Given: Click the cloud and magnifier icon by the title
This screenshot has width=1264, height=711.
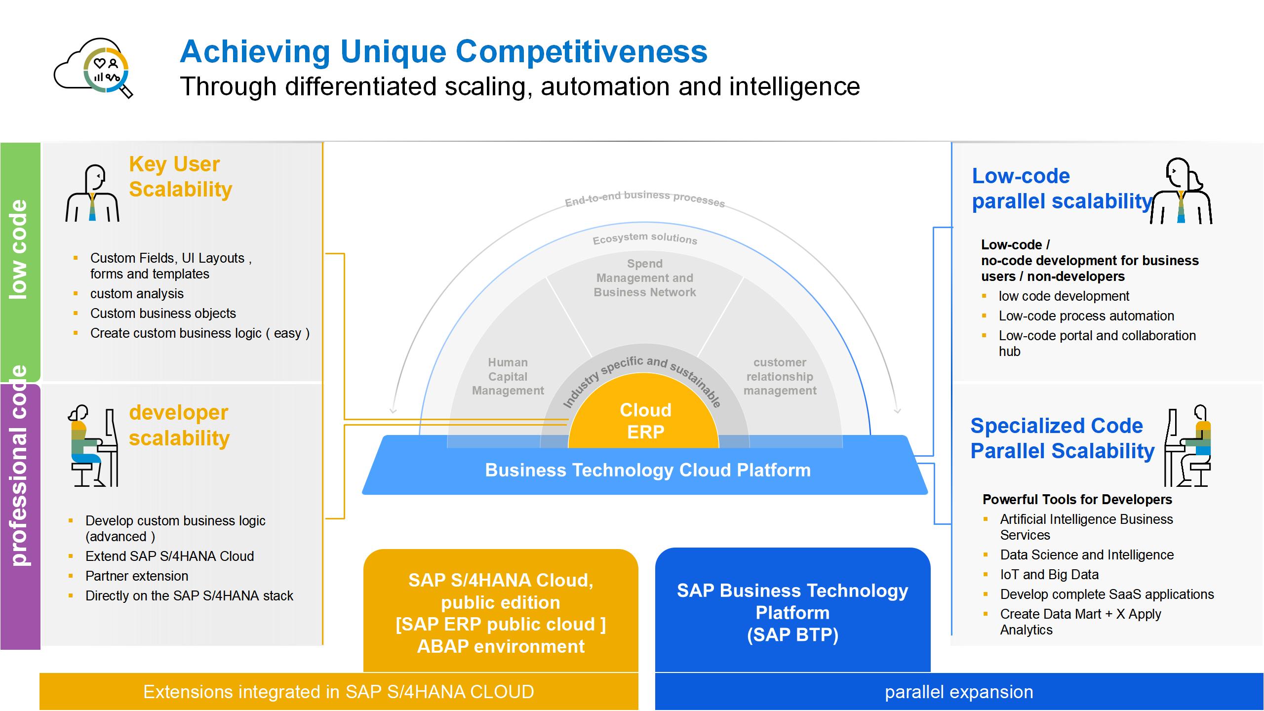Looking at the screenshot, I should (x=94, y=68).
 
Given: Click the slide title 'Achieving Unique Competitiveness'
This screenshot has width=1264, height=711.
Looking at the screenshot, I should (x=443, y=51).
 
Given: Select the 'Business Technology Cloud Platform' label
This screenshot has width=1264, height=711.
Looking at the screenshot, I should (x=647, y=470).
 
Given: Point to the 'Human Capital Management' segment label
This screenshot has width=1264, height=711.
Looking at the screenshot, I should (x=508, y=377).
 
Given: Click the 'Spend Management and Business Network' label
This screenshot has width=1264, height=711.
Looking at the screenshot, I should (x=645, y=278).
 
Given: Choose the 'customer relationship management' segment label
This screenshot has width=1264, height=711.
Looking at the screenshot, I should (x=780, y=377).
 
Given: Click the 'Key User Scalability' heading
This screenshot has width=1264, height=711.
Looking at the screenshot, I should (x=180, y=177).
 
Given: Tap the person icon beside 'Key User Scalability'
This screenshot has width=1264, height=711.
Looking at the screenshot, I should (x=93, y=193).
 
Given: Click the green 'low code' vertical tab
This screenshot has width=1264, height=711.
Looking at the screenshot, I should (x=20, y=250).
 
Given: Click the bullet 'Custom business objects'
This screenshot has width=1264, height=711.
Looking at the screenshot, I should (x=163, y=314).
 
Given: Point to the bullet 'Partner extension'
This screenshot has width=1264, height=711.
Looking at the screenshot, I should (x=137, y=576).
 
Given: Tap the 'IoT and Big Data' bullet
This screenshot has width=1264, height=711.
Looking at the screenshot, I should (x=1049, y=575).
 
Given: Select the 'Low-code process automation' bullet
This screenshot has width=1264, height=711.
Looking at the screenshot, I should (x=1086, y=316).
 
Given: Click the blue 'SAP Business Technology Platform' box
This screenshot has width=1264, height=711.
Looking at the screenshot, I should (x=792, y=612).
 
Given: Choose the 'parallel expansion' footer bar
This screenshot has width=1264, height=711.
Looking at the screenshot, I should (x=958, y=692).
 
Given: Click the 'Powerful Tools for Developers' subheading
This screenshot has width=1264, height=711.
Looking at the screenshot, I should (x=1077, y=500).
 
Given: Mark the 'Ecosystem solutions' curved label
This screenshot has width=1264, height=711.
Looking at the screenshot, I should (x=645, y=238).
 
